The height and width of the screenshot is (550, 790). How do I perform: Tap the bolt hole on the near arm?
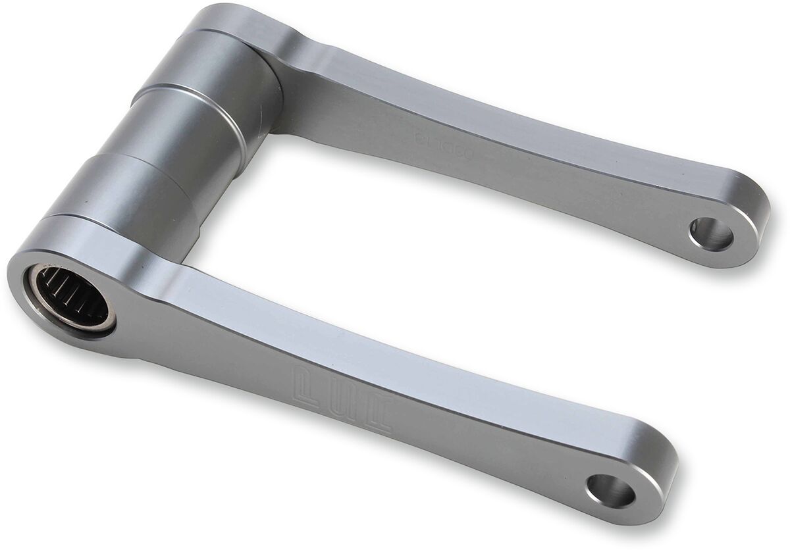(611, 490)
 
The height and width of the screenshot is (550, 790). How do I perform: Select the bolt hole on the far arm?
(711, 234)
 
